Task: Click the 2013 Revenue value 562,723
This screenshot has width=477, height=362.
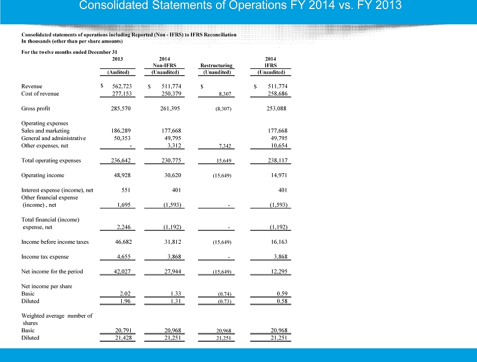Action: (x=122, y=86)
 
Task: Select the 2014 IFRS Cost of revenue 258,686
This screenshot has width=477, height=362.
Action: (x=277, y=94)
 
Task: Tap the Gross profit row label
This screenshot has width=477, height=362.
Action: (x=35, y=108)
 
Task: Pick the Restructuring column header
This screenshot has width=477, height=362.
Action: (x=216, y=66)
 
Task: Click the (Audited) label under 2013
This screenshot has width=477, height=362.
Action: (x=118, y=72)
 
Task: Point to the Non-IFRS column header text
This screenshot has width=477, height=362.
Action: (x=164, y=66)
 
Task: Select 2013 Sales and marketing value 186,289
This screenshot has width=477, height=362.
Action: (x=121, y=131)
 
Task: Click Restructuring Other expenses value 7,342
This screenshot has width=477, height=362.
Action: (x=225, y=146)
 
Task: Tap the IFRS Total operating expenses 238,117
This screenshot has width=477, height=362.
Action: (x=277, y=160)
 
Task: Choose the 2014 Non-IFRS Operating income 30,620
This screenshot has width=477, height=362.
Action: (x=172, y=175)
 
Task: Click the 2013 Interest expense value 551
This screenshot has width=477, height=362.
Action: (x=126, y=190)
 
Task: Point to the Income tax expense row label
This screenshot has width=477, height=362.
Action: (x=45, y=257)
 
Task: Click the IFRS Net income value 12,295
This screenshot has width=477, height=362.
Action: (x=279, y=271)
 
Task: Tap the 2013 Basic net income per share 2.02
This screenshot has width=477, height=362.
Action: (x=125, y=294)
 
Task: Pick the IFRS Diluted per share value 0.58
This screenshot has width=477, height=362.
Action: (x=282, y=301)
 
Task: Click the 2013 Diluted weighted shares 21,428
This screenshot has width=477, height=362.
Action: (x=123, y=338)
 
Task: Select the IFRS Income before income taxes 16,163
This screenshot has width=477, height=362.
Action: (x=279, y=242)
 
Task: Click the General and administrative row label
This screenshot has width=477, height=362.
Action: (x=53, y=138)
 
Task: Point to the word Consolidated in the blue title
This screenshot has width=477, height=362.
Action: (x=113, y=5)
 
